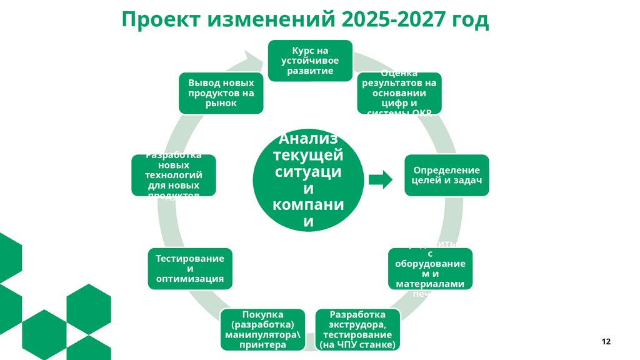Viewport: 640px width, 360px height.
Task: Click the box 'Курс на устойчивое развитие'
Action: click(x=310, y=61)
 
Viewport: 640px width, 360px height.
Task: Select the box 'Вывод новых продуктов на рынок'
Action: click(x=221, y=93)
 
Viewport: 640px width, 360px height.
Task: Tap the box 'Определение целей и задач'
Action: click(x=446, y=176)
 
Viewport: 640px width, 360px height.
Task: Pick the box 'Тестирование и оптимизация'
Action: click(x=190, y=269)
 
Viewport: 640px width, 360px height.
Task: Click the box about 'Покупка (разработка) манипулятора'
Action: click(x=262, y=329)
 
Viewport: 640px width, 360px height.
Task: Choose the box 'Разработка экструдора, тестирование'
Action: click(x=357, y=329)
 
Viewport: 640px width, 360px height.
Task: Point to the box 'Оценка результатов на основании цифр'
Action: click(x=399, y=93)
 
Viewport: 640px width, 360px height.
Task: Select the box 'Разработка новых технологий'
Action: click(x=174, y=176)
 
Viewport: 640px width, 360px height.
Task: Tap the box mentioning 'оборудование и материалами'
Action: click(x=430, y=269)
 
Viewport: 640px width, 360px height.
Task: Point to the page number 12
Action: click(x=606, y=341)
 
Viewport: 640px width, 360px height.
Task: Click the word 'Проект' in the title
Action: click(x=159, y=20)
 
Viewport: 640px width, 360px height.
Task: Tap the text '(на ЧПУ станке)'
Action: click(x=357, y=344)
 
